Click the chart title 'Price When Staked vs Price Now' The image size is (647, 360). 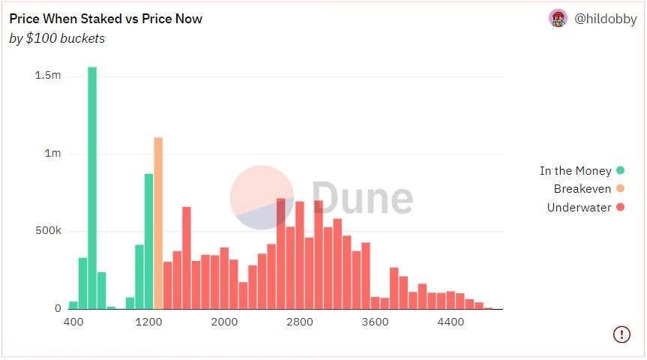coord(106,19)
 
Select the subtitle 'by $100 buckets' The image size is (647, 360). coord(57,38)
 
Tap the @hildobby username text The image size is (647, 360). coord(605,19)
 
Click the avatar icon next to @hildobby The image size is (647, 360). coord(558,19)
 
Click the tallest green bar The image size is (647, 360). coord(92,187)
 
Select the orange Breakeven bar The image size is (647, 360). coord(158,223)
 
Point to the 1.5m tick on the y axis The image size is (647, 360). coord(48,76)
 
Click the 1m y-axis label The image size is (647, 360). coord(52,154)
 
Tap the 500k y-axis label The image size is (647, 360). coord(48,231)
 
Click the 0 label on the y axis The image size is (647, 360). coord(58,308)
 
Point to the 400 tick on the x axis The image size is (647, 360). coord(73,322)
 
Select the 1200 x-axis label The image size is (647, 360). coord(149,322)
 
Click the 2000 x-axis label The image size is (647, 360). coord(224,322)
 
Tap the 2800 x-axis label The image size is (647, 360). coord(300,322)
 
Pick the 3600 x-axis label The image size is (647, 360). coord(375,322)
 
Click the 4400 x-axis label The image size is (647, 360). coord(451,322)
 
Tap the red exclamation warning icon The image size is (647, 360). coord(622,334)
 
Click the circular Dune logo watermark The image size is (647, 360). coord(262,197)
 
